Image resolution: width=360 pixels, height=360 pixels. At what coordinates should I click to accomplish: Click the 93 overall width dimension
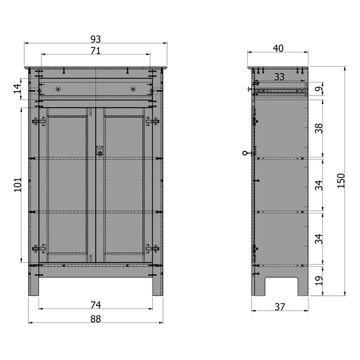(x=96, y=39)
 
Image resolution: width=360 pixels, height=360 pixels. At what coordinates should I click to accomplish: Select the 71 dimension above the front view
(x=96, y=50)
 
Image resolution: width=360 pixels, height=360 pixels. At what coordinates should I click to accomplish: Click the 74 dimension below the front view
(x=96, y=304)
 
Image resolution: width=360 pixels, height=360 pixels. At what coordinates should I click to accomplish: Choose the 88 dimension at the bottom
(x=96, y=319)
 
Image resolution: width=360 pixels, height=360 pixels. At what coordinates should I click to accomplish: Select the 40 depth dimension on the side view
(x=278, y=48)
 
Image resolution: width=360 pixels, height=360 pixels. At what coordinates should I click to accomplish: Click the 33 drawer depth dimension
(x=279, y=77)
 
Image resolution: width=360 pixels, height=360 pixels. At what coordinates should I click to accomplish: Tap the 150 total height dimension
(x=341, y=181)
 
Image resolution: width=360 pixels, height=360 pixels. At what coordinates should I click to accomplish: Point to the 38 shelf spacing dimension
(x=319, y=128)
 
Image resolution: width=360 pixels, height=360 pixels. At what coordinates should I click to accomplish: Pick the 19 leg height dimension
(x=319, y=280)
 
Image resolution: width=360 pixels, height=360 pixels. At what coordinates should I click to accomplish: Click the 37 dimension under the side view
(x=279, y=307)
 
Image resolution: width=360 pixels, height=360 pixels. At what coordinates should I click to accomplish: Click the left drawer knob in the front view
(x=58, y=89)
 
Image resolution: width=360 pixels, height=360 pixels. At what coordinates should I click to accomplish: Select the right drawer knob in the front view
(x=133, y=89)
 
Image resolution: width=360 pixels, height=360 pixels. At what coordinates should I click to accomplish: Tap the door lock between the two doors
(x=100, y=152)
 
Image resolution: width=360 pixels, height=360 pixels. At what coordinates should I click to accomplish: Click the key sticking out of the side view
(x=246, y=153)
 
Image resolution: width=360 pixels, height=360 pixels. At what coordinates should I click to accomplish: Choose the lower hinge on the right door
(x=152, y=248)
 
